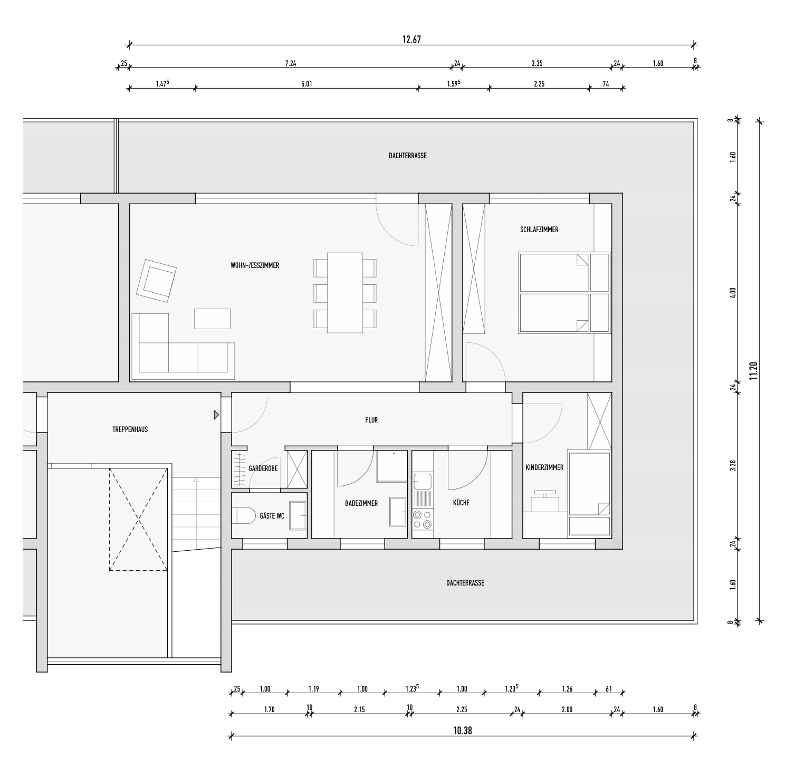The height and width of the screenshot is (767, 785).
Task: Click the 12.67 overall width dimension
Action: point(411,40)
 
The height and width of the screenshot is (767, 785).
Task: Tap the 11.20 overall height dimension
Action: point(753,371)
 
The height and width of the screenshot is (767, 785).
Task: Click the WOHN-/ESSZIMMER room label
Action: point(255,265)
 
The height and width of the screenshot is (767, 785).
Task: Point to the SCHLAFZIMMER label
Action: point(539,229)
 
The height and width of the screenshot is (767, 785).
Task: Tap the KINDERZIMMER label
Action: point(544,467)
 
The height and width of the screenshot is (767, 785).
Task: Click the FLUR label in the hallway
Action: point(371,420)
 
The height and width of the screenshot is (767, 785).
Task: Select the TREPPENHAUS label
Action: point(130,429)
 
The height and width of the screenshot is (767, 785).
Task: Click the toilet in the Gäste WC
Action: point(244,515)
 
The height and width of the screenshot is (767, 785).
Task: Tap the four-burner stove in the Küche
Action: point(423,520)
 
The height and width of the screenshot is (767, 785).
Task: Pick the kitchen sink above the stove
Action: point(423,482)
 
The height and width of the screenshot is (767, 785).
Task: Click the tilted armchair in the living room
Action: point(157,281)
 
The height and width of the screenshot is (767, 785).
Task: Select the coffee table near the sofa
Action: point(212,319)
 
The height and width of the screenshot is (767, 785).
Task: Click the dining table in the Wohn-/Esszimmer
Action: point(345,293)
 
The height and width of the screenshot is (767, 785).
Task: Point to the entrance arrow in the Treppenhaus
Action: point(216,415)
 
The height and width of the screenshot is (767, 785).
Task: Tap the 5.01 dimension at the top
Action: point(307,84)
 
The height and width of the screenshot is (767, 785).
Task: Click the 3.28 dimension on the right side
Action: point(733,465)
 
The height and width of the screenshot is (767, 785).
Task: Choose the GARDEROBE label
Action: point(263,468)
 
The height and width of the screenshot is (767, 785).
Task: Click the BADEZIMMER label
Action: point(361,503)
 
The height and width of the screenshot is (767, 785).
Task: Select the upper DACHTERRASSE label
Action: point(408,156)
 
